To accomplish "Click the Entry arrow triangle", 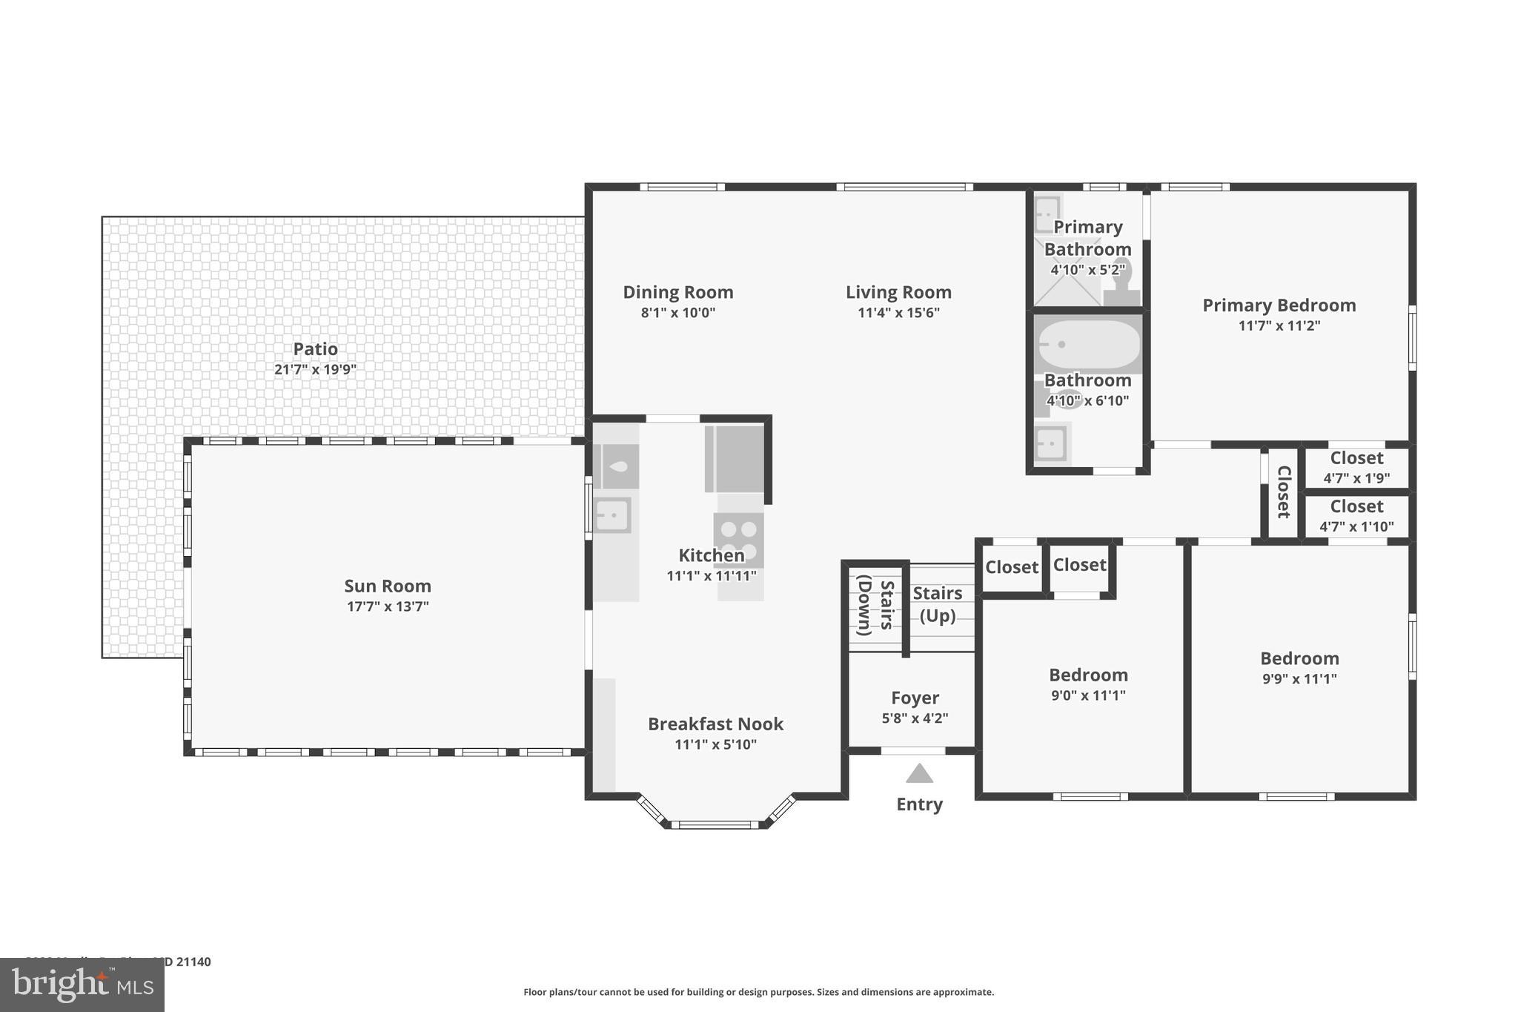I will tap(919, 774).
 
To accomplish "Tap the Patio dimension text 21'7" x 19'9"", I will tap(315, 369).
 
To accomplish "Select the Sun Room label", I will tap(388, 586).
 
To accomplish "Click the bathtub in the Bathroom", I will tap(1088, 345).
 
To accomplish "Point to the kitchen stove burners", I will tap(739, 540).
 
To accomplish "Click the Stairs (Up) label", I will tap(938, 603).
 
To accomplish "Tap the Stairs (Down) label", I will tap(875, 605).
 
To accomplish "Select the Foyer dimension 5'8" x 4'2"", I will tap(915, 718).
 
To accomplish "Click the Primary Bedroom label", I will tap(1279, 305).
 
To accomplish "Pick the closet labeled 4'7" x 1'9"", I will tap(1356, 468).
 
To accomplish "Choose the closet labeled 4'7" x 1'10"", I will tap(1356, 516).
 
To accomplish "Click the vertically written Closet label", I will tap(1284, 492).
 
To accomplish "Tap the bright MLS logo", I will tap(82, 985).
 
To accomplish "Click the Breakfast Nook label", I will tap(715, 724).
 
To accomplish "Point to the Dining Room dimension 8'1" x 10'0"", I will tap(677, 313).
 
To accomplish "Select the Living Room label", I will tap(898, 292).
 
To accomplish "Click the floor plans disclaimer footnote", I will tap(758, 992).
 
